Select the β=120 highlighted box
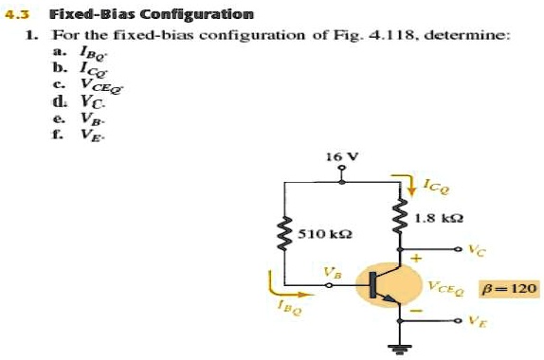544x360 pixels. pos(508,286)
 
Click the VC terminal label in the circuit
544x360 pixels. pos(479,252)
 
